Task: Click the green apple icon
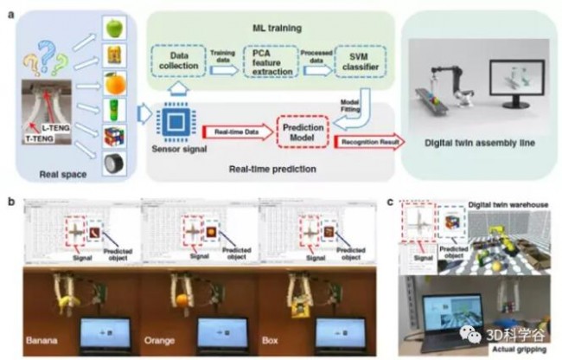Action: (x=115, y=28)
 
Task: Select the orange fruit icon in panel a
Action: (x=115, y=87)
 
